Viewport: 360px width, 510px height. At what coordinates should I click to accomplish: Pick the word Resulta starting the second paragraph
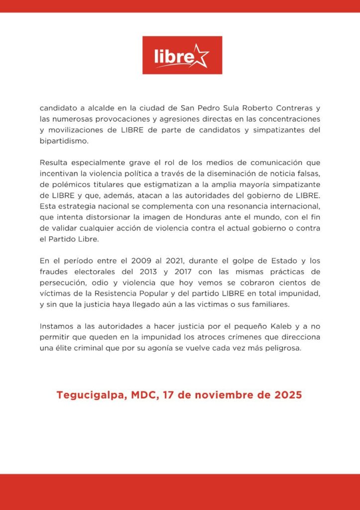click(55, 162)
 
